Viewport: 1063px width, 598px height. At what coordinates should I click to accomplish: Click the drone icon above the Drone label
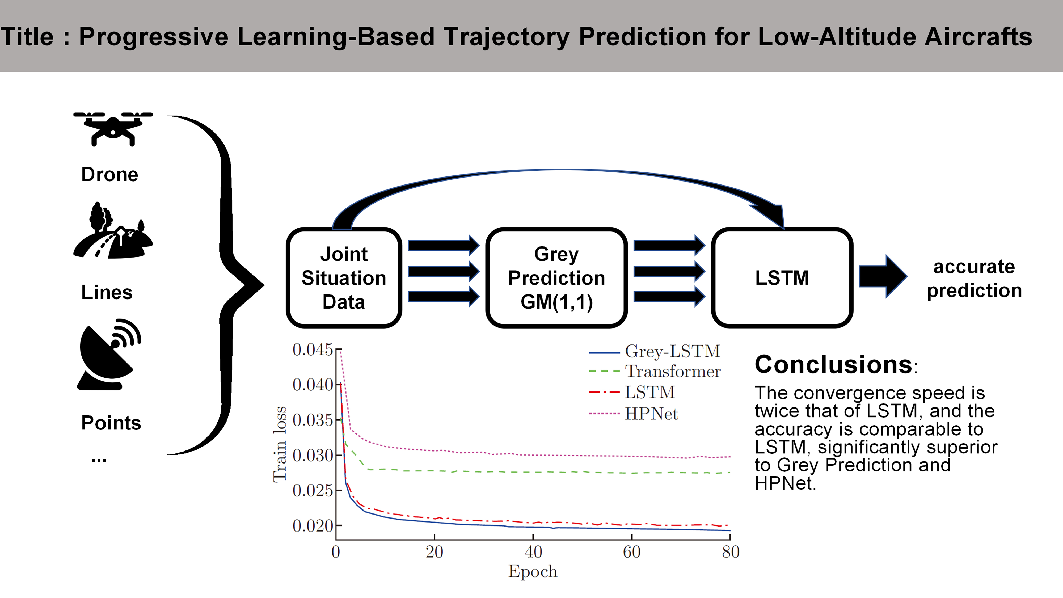113,128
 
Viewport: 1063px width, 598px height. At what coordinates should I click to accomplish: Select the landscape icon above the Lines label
113,231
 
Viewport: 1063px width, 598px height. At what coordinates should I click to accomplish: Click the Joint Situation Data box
344,278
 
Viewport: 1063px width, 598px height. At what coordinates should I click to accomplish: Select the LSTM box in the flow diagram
782,278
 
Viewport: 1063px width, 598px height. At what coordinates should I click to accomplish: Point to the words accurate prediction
974,279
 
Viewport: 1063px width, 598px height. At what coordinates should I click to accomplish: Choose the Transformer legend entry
673,372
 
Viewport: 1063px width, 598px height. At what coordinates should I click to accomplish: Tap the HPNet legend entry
651,414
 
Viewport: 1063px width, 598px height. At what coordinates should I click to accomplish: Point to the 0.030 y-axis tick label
312,456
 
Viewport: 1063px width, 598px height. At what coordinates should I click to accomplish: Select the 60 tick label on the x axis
631,552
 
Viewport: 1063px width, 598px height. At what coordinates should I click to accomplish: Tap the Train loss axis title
280,444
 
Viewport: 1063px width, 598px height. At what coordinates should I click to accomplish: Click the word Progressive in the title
154,36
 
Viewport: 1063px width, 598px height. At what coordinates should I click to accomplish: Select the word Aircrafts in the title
978,36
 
